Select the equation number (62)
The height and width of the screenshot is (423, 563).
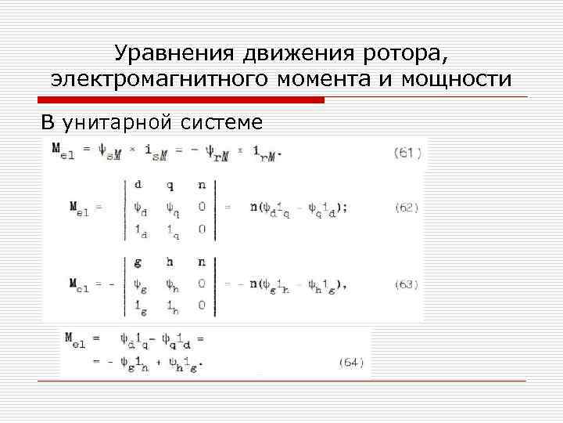point(407,208)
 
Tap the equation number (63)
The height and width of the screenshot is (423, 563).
point(407,284)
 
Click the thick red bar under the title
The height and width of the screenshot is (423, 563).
point(181,100)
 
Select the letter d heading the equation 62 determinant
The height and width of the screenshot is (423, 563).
point(138,186)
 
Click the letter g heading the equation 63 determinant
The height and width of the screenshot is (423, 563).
point(138,262)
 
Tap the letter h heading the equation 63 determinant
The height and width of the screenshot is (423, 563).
point(169,262)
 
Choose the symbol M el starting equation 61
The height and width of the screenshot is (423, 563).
point(63,149)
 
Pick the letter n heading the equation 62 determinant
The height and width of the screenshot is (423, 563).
point(201,186)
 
